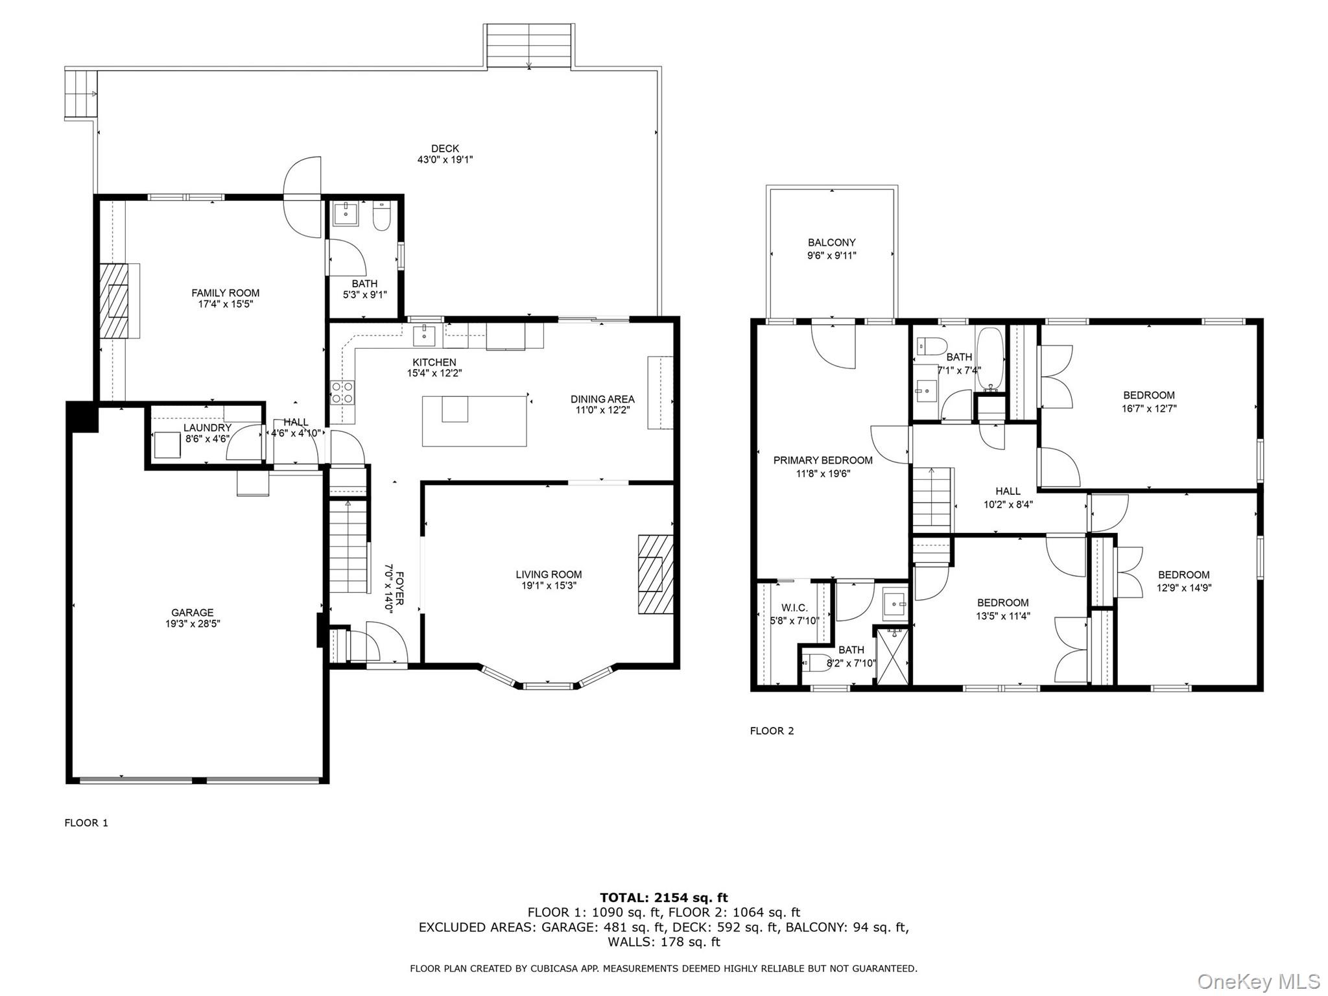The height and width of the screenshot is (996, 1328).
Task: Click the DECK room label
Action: (x=445, y=148)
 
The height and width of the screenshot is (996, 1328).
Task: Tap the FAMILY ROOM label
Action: (x=225, y=293)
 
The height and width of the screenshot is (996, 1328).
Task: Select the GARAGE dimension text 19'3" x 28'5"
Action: (x=193, y=624)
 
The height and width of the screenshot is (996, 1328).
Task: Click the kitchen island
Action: (x=474, y=421)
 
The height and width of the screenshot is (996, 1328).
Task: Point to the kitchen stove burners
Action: (x=343, y=393)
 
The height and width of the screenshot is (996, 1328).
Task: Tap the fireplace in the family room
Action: (x=119, y=300)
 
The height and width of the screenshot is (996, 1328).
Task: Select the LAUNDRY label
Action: (x=207, y=428)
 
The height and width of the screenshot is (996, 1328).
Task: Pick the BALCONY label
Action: (x=831, y=243)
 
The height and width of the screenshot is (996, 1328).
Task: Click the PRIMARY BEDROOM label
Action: (x=823, y=460)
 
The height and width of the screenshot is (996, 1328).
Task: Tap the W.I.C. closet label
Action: (x=794, y=608)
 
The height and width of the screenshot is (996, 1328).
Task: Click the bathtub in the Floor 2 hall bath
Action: (x=990, y=360)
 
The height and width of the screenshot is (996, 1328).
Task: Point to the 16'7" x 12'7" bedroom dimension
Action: (x=1149, y=409)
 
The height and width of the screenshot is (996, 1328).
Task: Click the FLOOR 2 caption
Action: (x=772, y=731)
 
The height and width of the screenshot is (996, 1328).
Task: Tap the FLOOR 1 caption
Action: (x=86, y=823)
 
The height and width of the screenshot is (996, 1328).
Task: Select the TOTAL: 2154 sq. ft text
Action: (x=664, y=897)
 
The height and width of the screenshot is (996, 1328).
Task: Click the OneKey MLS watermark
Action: (x=1258, y=981)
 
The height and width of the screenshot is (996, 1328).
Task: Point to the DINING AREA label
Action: (x=602, y=399)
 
